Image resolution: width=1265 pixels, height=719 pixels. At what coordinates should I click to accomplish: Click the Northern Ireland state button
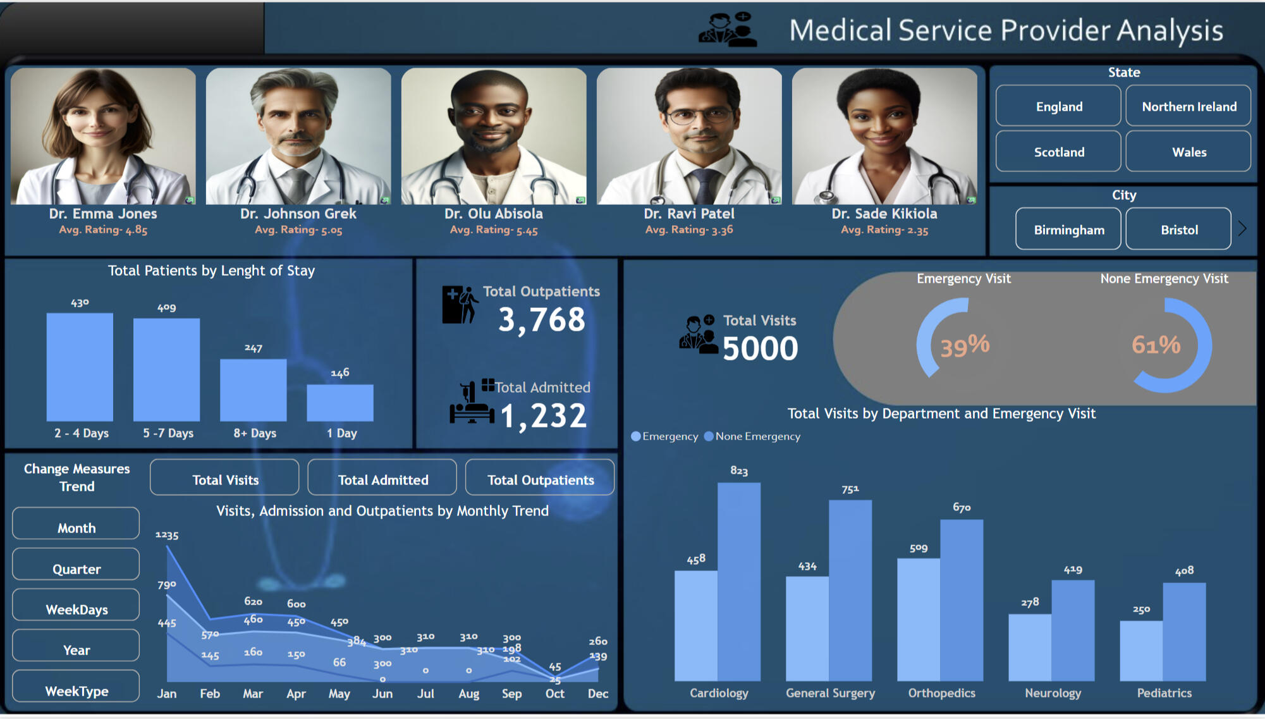point(1188,106)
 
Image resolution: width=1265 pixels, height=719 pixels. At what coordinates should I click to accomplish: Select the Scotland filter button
point(1058,152)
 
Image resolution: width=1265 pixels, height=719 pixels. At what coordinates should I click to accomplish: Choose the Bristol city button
point(1178,230)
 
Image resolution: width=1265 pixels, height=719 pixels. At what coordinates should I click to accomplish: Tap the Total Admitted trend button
point(382,479)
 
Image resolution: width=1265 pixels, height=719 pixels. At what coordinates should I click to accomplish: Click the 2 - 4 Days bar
point(80,367)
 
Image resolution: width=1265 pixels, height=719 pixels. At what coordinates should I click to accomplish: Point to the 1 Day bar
point(340,403)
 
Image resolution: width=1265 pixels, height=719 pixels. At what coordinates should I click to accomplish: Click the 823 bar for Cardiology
point(739,582)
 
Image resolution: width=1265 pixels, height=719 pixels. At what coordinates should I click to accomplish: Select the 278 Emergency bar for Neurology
point(1030,648)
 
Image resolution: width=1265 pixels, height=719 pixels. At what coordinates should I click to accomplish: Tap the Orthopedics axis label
point(941,693)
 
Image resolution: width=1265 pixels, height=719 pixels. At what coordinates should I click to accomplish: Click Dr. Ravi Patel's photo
point(689,136)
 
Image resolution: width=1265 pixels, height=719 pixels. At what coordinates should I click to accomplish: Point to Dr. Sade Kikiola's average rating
point(884,230)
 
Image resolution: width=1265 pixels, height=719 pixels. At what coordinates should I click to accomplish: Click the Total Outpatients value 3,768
point(542,319)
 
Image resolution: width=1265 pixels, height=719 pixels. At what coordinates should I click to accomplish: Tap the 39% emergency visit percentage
point(965,346)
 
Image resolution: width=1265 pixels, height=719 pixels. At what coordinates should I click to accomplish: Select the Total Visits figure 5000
point(760,348)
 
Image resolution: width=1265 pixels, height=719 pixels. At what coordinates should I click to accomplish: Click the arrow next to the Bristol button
point(1242,228)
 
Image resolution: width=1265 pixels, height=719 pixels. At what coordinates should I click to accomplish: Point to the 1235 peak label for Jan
point(167,535)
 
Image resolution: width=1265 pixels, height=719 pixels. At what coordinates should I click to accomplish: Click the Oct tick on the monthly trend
point(554,694)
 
